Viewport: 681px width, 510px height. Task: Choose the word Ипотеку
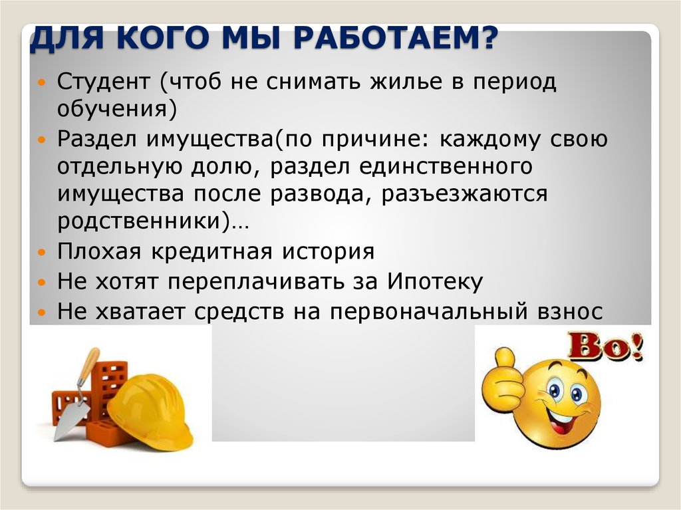432,281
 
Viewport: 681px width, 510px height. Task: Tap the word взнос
571,310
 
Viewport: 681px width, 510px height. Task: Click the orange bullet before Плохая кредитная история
43,253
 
